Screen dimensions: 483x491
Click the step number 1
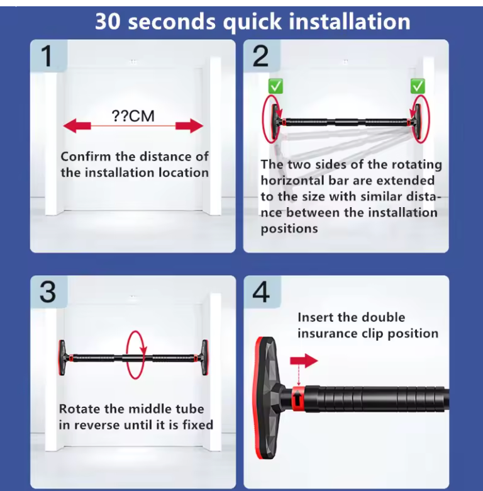coord(47,56)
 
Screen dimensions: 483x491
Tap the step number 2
coord(260,56)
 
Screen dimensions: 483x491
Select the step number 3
coord(48,292)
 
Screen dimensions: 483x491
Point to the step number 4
coord(261,292)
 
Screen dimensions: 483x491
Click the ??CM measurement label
coord(133,116)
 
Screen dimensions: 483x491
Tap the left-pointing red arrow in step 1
coord(77,126)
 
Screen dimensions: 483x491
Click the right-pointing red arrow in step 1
coord(189,126)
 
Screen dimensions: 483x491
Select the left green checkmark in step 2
coord(275,86)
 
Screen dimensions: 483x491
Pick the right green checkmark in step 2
coord(418,86)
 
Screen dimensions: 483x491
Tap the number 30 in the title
coord(108,21)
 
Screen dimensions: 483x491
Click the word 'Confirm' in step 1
coord(86,157)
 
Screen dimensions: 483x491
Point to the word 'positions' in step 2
coord(289,229)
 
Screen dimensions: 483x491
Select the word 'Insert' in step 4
coord(315,317)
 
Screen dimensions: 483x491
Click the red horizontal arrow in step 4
coord(304,361)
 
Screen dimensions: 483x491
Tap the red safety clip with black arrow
coord(298,398)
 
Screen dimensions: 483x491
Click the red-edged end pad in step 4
coord(265,398)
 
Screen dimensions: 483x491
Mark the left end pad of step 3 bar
coord(62,358)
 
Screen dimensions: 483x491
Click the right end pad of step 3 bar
coord(205,358)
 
